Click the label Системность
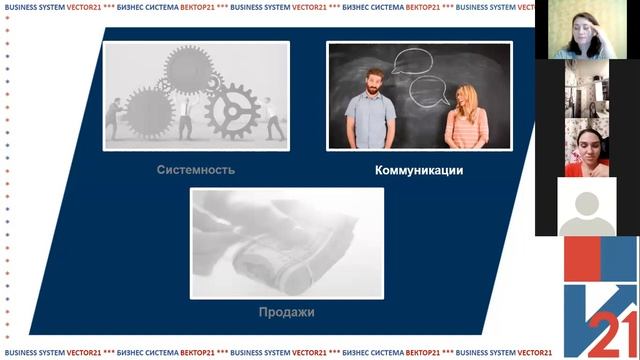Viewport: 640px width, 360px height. [x=196, y=169]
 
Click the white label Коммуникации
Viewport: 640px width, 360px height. [x=419, y=170]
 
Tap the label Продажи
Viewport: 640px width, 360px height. [x=286, y=312]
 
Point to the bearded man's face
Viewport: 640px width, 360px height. [x=370, y=82]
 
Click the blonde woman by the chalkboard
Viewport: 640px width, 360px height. [x=465, y=115]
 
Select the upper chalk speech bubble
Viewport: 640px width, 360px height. [x=411, y=61]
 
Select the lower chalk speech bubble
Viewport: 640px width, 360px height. [x=429, y=91]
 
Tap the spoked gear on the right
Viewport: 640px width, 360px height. [x=232, y=109]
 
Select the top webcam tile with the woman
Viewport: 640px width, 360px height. [x=587, y=30]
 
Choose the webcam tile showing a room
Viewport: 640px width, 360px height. [x=587, y=88]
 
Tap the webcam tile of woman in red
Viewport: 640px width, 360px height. [x=587, y=147]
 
